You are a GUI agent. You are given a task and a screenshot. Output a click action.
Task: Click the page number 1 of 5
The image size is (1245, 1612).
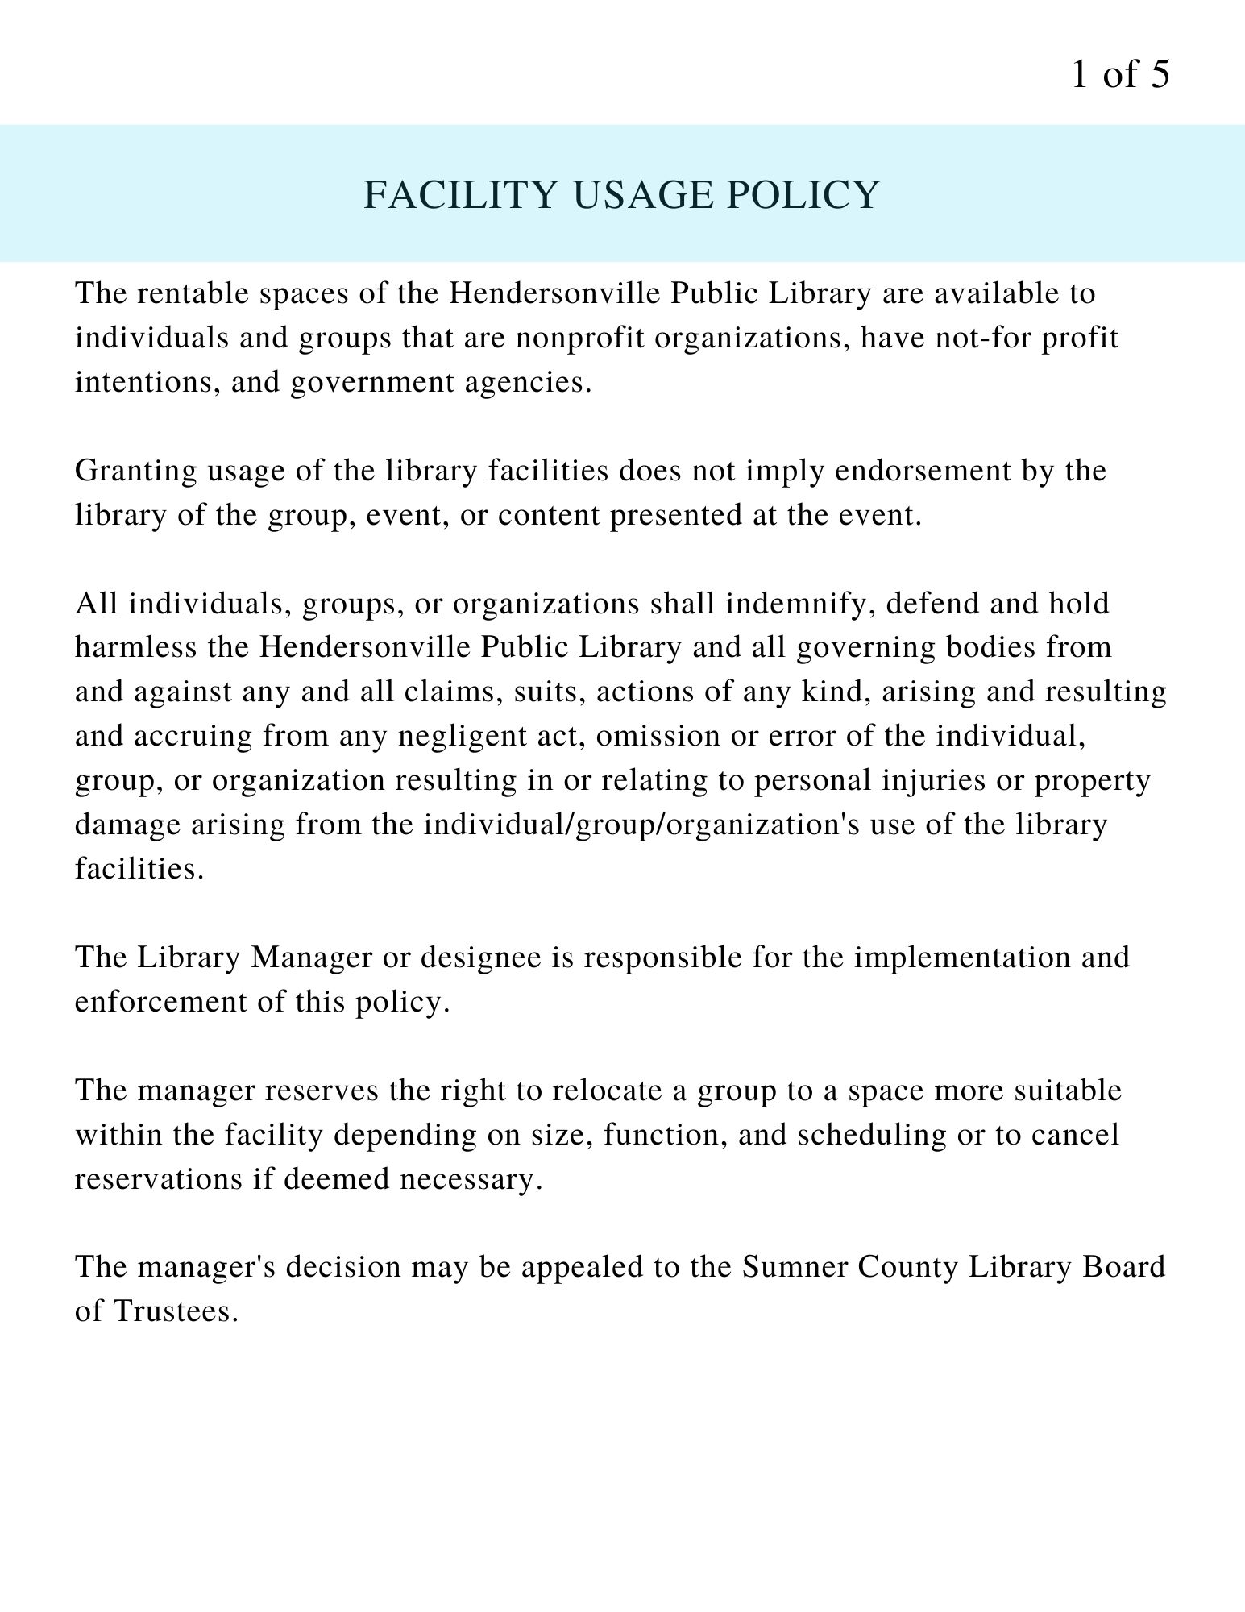click(x=1119, y=75)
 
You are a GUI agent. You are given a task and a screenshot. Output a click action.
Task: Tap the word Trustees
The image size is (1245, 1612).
click(x=176, y=1312)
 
